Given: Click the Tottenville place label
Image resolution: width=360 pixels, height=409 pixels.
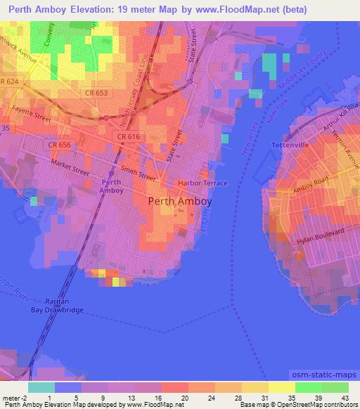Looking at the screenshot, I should point(287,145).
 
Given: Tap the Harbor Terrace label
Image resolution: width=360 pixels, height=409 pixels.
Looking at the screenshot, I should point(203,183).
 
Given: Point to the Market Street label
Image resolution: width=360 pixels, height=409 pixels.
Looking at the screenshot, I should point(70,166).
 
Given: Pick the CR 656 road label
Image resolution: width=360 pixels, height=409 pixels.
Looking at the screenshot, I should point(61,143).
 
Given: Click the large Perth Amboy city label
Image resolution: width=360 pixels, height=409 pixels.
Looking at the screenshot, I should point(181,200).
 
